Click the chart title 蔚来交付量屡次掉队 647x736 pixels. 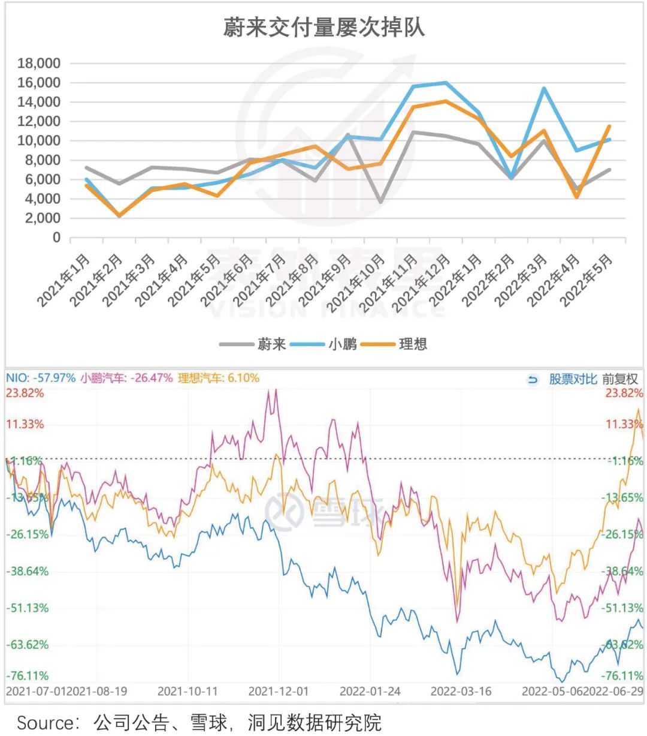click(x=323, y=28)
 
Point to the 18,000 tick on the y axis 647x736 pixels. click(x=39, y=64)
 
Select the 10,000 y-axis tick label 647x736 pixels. click(x=39, y=141)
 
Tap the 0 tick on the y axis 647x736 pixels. click(x=56, y=238)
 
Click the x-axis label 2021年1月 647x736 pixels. click(x=65, y=280)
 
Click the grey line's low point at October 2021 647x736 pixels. click(x=380, y=202)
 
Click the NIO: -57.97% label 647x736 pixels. click(x=41, y=378)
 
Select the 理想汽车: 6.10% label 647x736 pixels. click(x=219, y=378)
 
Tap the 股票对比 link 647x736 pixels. click(x=573, y=379)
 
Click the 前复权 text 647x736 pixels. click(x=620, y=379)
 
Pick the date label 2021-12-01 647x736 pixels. click(x=279, y=691)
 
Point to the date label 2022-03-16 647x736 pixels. click(x=461, y=691)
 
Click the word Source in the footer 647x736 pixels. click(x=46, y=722)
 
